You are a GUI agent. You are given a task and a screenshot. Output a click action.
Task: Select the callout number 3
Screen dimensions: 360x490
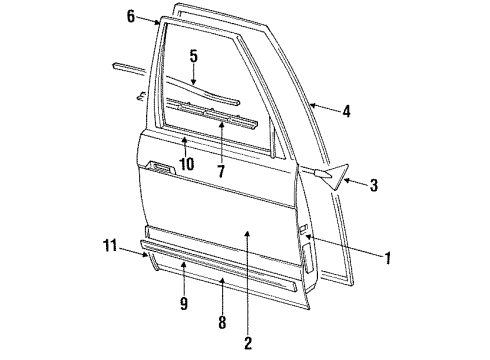pos(374,185)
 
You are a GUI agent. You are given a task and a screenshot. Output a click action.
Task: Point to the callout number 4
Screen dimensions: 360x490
pos(346,112)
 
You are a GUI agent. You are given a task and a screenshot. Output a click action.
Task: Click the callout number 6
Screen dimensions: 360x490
pos(130,15)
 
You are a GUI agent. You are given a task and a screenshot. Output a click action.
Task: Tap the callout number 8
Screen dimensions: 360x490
pos(222,322)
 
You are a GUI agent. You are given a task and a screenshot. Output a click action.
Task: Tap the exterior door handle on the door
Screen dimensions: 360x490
pos(158,165)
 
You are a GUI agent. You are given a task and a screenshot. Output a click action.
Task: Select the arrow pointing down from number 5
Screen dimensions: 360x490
pos(194,77)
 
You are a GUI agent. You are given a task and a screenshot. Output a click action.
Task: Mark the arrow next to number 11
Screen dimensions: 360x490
pos(140,252)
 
